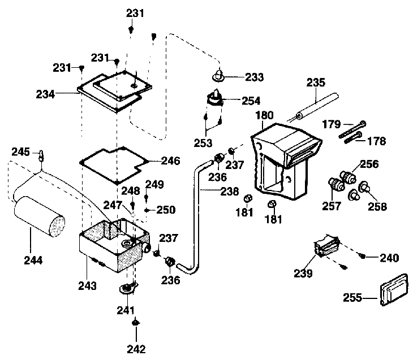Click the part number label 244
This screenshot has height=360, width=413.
pos(33,261)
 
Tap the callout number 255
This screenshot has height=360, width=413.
pos(354,296)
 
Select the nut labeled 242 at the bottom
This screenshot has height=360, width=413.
pos(136,323)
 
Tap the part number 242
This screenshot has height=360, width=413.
pos(136,348)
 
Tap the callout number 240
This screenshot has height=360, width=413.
pos(389,258)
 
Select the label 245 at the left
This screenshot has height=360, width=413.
pos(20,151)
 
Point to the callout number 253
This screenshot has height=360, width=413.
pos(205,143)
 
